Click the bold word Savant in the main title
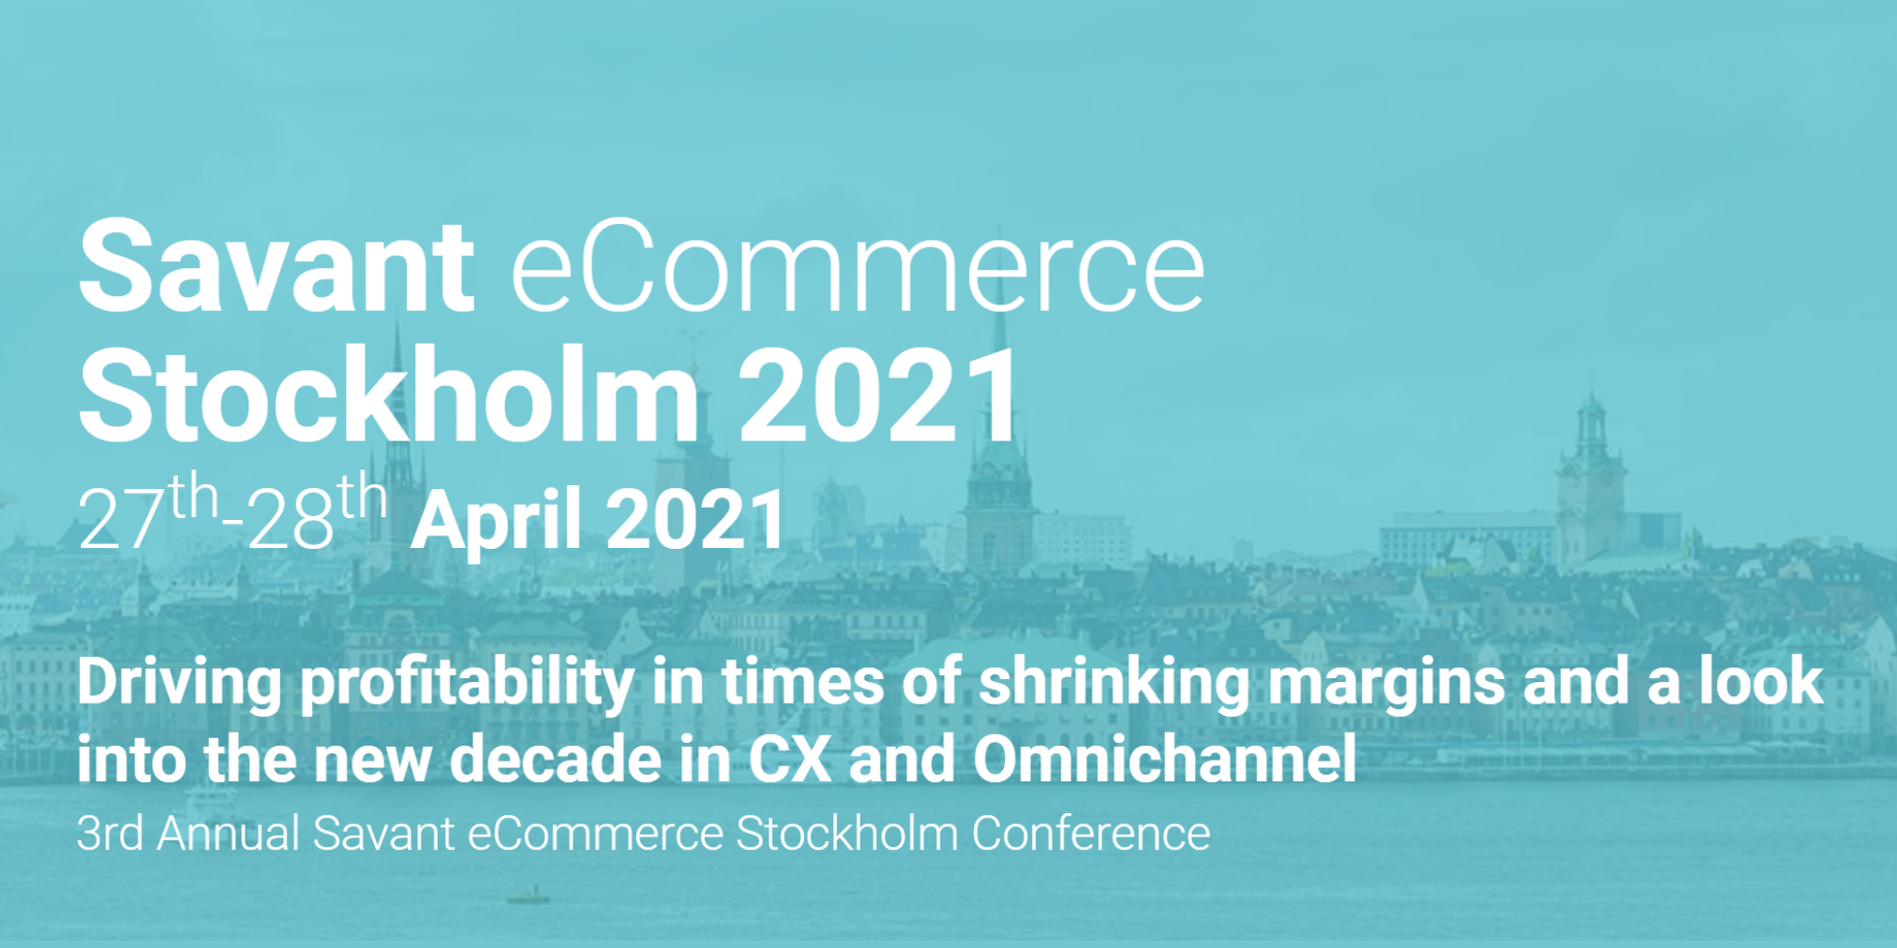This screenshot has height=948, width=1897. coord(276,266)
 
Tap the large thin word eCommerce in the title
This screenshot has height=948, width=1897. coord(858,266)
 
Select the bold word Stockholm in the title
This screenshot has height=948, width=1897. coord(389,394)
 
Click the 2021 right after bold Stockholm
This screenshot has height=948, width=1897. coord(878,394)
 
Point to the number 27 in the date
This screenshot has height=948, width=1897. coord(121,520)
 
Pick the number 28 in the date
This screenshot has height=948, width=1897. coord(291,520)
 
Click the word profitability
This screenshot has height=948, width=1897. coord(467,683)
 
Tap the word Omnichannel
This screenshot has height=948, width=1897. coord(1165,759)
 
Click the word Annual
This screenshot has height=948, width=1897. coord(228,833)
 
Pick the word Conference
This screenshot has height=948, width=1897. coord(1091,833)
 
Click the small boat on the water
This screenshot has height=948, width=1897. coord(528,896)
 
